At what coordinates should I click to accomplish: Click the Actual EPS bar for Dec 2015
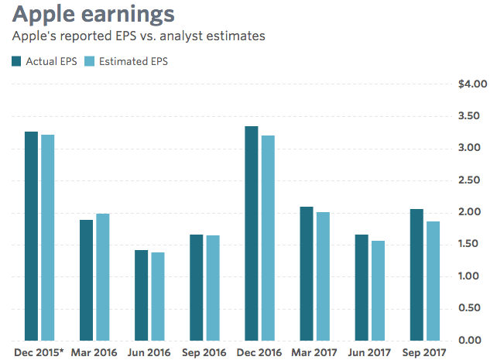31,236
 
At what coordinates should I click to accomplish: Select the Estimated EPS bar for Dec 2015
47,238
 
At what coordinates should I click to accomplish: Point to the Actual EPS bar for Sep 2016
196,287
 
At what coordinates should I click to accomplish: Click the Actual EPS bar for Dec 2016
252,233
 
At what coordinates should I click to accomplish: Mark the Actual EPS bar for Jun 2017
362,287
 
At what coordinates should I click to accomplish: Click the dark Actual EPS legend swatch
16,61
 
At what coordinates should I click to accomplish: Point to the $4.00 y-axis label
472,84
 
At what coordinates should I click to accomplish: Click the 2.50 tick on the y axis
475,180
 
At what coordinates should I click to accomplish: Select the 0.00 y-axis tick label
475,341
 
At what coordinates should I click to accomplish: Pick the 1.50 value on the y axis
475,245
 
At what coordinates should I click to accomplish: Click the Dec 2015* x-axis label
39,353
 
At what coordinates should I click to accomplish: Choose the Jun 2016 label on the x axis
149,353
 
